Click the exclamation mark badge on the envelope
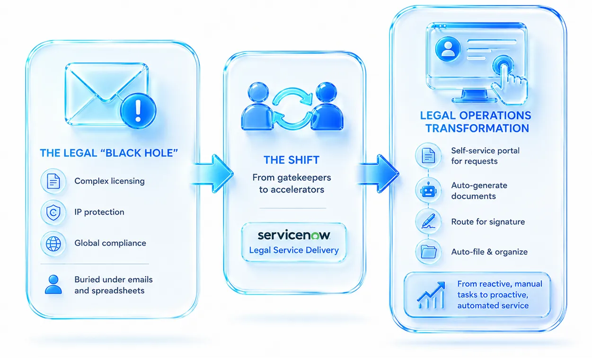pyautogui.click(x=138, y=111)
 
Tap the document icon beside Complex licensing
pyautogui.click(x=53, y=182)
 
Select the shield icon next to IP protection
pyautogui.click(x=53, y=212)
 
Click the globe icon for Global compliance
pyautogui.click(x=53, y=244)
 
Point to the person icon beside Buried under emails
pyautogui.click(x=53, y=285)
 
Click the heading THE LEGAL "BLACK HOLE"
pyautogui.click(x=109, y=153)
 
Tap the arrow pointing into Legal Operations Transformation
pyautogui.click(x=378, y=174)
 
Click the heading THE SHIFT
pyautogui.click(x=292, y=160)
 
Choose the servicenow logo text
pyautogui.click(x=294, y=235)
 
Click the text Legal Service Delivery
pyautogui.click(x=294, y=250)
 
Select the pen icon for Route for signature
pyautogui.click(x=428, y=221)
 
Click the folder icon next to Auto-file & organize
pyautogui.click(x=428, y=252)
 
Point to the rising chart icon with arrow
pyautogui.click(x=431, y=295)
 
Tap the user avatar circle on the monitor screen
pyautogui.click(x=448, y=49)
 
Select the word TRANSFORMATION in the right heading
pyautogui.click(x=477, y=128)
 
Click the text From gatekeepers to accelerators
pyautogui.click(x=292, y=184)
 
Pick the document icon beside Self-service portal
pyautogui.click(x=428, y=155)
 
